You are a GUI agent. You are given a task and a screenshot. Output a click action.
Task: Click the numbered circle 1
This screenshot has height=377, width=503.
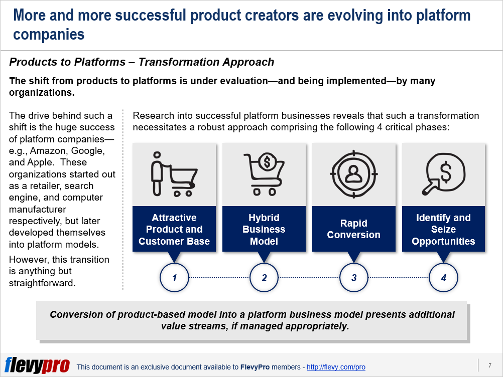[174, 277]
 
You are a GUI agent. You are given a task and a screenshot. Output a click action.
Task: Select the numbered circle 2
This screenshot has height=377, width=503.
[264, 277]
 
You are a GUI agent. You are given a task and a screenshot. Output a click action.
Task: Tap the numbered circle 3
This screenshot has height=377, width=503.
[354, 277]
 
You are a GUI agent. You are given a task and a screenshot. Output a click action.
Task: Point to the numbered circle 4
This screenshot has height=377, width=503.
[444, 277]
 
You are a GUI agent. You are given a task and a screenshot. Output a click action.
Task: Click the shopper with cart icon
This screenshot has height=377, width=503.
[174, 174]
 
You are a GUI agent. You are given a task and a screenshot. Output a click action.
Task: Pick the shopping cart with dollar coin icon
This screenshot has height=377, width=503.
[264, 174]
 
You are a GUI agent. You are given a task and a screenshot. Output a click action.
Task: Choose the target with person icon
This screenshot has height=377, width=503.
[354, 174]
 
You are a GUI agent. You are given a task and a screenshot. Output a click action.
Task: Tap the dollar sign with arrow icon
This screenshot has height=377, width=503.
[444, 174]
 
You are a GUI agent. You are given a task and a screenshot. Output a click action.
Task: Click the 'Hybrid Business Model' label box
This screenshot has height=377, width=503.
[264, 229]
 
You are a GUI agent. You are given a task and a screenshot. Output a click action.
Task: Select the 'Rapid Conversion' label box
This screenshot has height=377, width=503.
[354, 229]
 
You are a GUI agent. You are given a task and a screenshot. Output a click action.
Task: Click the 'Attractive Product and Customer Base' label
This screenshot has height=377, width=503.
[174, 229]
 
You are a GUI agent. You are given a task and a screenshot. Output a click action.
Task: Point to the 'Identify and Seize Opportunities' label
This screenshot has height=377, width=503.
[444, 229]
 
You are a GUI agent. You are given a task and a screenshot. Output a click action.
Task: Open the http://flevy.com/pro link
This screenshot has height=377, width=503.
[336, 367]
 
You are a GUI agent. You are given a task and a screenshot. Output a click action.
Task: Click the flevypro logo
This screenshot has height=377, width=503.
[37, 365]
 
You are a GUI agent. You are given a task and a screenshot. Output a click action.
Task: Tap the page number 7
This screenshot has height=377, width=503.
[490, 365]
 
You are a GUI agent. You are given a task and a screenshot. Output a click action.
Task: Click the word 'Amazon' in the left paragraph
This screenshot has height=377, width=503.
[49, 150]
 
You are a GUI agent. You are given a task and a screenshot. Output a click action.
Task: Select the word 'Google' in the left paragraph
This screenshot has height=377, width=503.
[87, 150]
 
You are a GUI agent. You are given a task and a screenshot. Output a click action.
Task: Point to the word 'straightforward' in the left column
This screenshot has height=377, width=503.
[42, 283]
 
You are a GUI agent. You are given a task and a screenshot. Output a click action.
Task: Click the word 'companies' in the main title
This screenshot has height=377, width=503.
[49, 35]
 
